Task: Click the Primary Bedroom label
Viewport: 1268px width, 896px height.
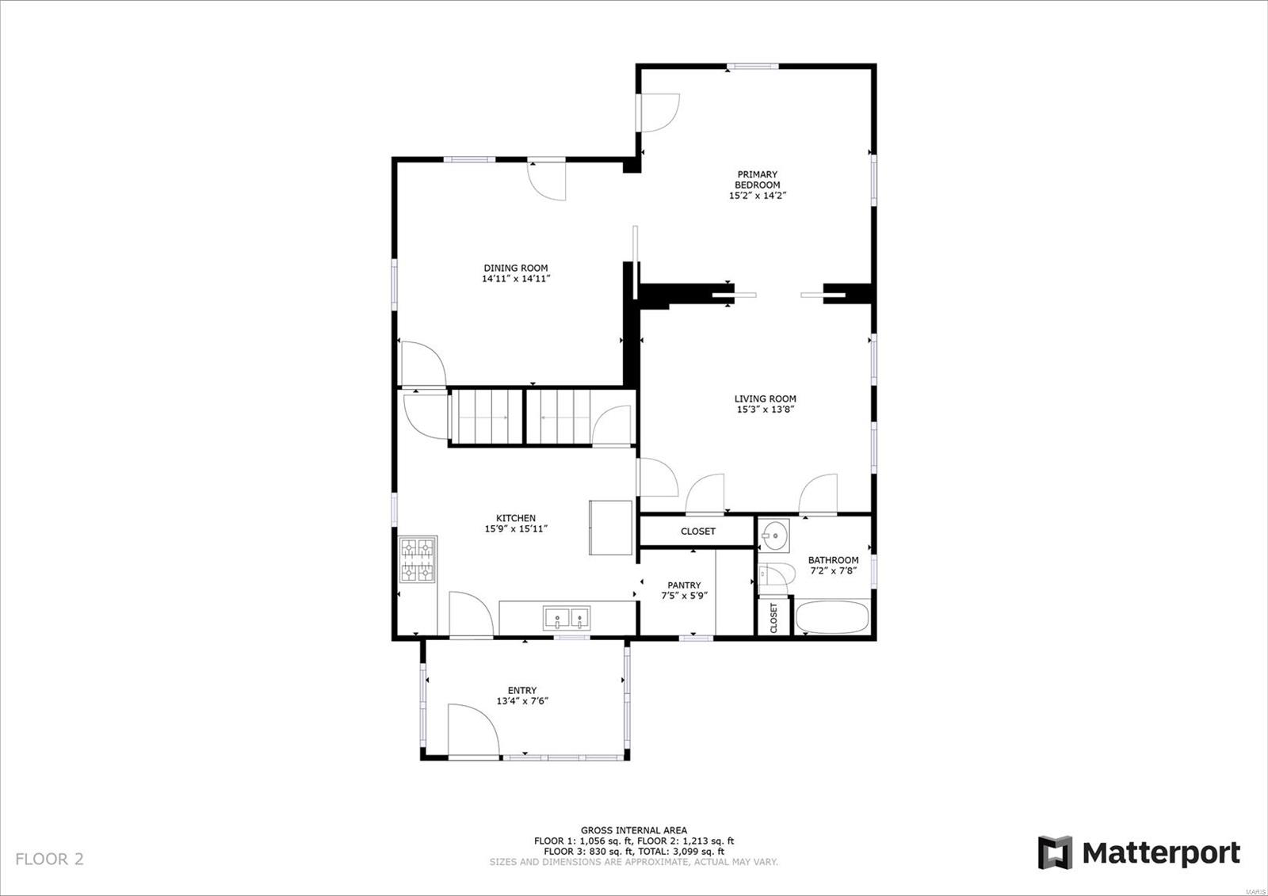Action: pyautogui.click(x=757, y=179)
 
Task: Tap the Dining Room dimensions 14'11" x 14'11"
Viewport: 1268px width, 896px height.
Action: pyautogui.click(x=516, y=279)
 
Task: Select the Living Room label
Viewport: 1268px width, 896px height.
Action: pyautogui.click(x=766, y=398)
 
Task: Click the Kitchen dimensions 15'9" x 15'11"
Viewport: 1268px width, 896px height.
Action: pyautogui.click(x=516, y=528)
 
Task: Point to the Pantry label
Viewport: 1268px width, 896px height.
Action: pyautogui.click(x=684, y=585)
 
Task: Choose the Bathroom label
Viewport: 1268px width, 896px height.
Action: pyautogui.click(x=833, y=560)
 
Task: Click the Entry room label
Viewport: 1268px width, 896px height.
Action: pyautogui.click(x=522, y=690)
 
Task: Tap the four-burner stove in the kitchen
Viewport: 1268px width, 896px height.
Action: pyautogui.click(x=418, y=560)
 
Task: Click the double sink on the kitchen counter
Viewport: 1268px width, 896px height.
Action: pyautogui.click(x=567, y=618)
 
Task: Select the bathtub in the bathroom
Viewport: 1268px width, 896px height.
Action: pyautogui.click(x=832, y=617)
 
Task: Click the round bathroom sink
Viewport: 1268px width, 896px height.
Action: pyautogui.click(x=773, y=535)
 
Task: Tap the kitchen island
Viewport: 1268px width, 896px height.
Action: pyautogui.click(x=610, y=528)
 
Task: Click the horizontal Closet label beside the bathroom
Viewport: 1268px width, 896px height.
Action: pyautogui.click(x=698, y=531)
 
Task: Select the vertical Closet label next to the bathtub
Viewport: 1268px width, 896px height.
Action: pyautogui.click(x=773, y=618)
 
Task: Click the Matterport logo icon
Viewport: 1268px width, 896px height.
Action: pyautogui.click(x=1055, y=852)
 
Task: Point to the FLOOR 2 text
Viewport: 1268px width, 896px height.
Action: pyautogui.click(x=49, y=860)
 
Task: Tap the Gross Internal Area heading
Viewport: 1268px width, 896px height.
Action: pyautogui.click(x=634, y=830)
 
